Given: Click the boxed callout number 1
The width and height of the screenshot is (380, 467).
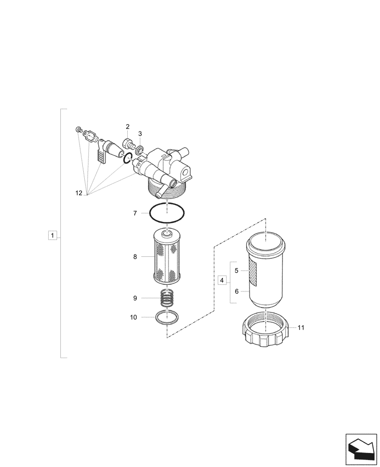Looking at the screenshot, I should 53,235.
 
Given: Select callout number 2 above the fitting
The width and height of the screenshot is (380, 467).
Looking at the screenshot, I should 127,127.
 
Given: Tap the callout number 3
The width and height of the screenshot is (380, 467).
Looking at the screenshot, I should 140,134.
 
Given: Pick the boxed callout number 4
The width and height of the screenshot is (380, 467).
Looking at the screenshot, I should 222,280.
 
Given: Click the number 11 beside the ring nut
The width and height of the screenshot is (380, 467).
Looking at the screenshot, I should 300,328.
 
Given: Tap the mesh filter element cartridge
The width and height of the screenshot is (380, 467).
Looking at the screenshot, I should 167,257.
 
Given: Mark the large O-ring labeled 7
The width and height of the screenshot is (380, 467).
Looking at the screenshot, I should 167,214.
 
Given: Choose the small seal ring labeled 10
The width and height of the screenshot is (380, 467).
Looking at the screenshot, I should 167,318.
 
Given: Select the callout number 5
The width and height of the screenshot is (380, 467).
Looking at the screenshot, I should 237,270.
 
